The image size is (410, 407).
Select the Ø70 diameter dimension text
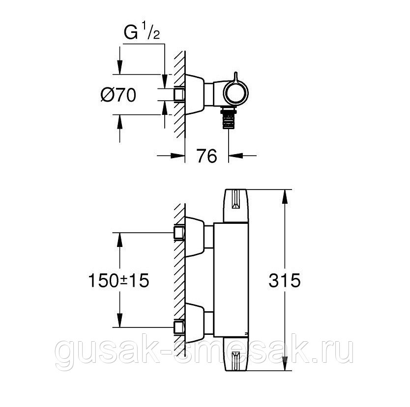point(118,95)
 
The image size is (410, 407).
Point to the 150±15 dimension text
point(118,281)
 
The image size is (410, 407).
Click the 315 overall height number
point(285,281)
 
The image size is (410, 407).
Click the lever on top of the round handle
point(237,78)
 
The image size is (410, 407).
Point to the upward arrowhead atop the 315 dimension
point(285,196)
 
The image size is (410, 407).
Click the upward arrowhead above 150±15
point(118,240)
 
